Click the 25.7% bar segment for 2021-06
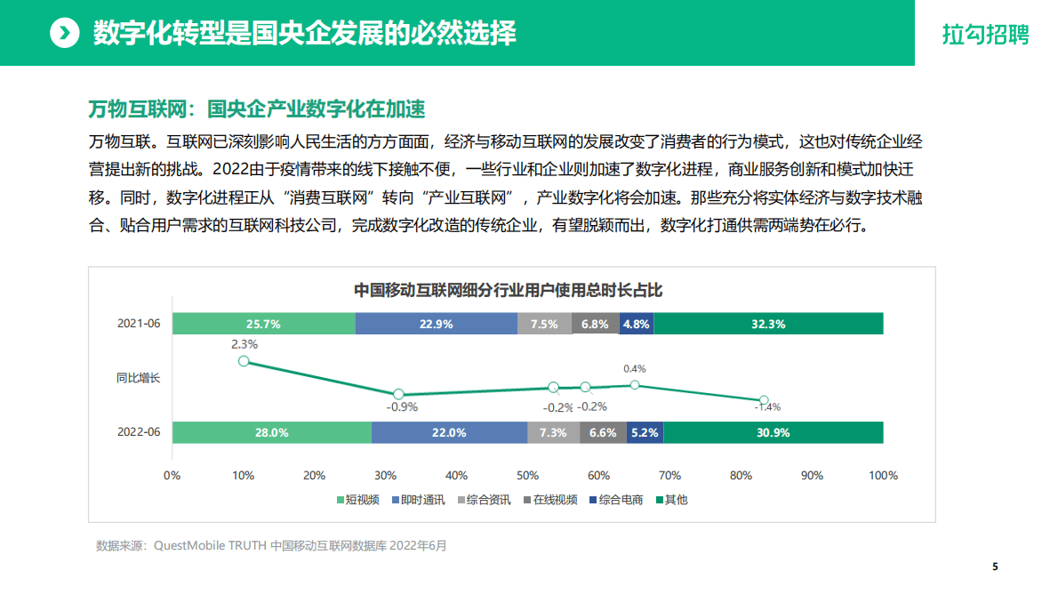pos(263,325)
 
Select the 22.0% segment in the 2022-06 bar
pos(449,433)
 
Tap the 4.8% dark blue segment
pos(637,325)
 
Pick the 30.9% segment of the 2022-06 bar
pos(773,433)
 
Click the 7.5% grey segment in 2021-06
pos(544,325)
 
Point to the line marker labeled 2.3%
pos(244,361)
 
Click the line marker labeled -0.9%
pos(398,394)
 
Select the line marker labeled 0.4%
pos(635,384)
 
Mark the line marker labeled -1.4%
pos(763,400)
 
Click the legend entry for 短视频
pos(357,500)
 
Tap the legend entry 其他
pos(671,500)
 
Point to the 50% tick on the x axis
pos(527,476)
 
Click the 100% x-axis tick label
pos(883,476)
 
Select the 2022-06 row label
pos(139,432)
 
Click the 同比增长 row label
pos(139,378)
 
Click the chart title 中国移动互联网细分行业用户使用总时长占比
pos(509,290)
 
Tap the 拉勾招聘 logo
pos(986,35)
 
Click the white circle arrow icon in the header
pos(64,34)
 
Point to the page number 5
pos(995,567)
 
